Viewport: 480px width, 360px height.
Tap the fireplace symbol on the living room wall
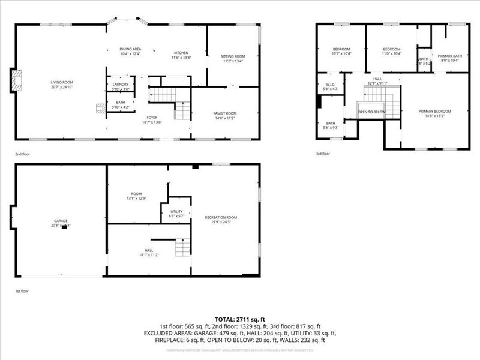[16, 81]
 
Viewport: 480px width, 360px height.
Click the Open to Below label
[371, 112]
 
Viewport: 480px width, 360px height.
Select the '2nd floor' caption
[23, 154]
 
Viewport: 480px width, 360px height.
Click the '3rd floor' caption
[323, 154]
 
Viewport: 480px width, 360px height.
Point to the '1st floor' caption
[22, 290]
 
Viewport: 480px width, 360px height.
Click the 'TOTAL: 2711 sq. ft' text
[240, 319]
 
